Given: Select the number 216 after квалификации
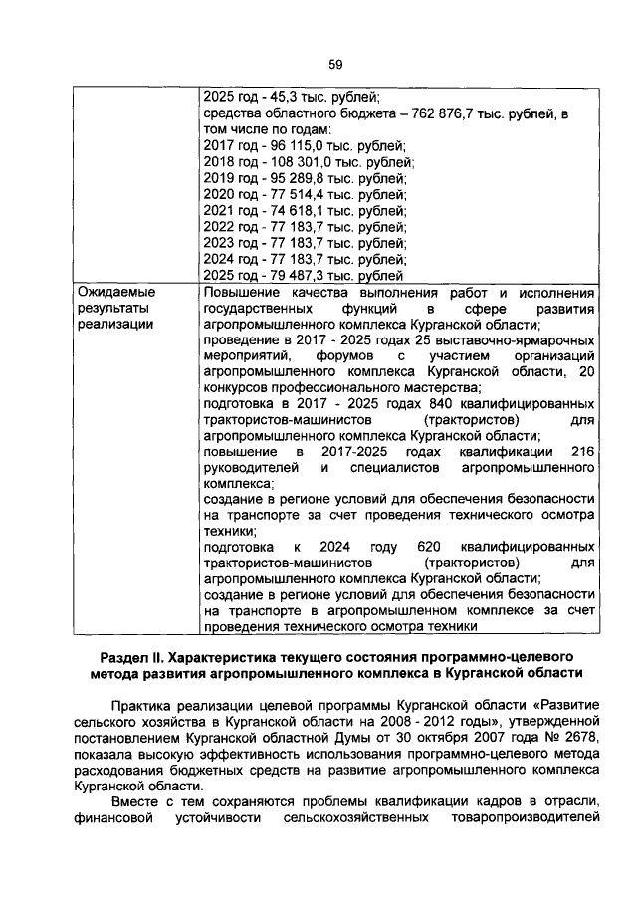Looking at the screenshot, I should pos(584,453).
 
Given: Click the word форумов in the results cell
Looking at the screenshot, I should pos(348,356).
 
